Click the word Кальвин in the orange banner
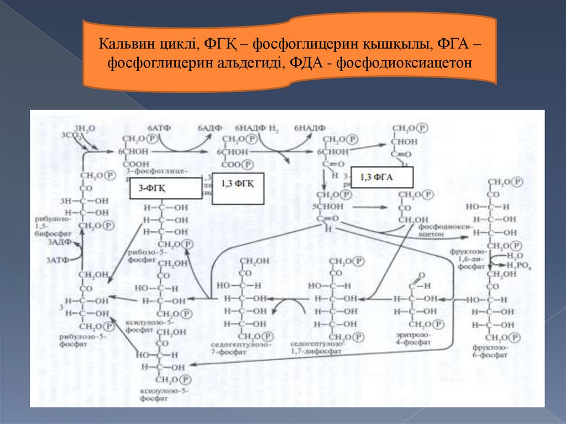pos(124,44)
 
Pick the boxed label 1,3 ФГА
pos(381,177)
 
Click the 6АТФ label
pos(159,128)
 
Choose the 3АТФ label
pos(57,260)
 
